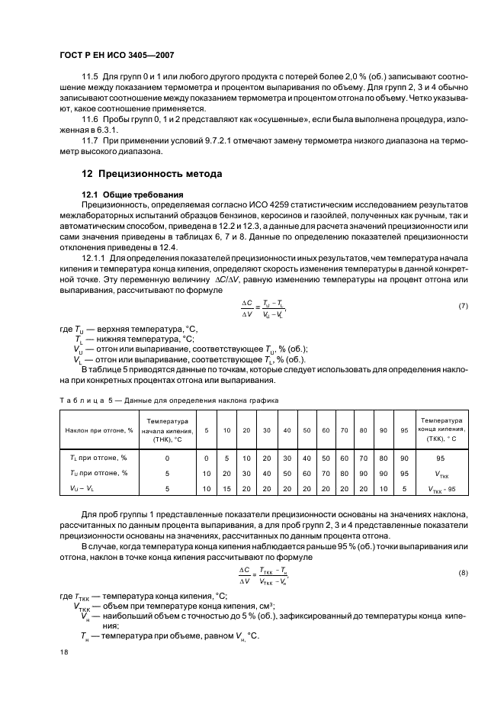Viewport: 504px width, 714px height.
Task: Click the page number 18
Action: [x=63, y=652]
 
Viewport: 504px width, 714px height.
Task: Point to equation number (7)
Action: [x=462, y=306]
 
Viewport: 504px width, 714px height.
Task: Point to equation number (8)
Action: [x=462, y=572]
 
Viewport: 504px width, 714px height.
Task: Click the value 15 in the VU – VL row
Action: [x=226, y=488]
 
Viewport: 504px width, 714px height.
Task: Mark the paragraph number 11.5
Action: [x=90, y=77]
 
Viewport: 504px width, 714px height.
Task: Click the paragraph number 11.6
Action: [x=90, y=121]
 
